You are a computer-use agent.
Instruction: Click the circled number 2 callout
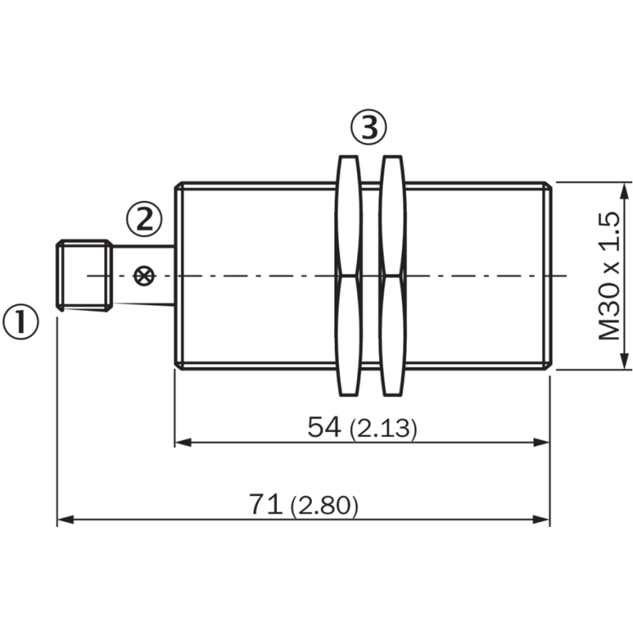(x=143, y=218)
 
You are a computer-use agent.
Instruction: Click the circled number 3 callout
(x=369, y=127)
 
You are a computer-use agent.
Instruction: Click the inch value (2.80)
(x=324, y=506)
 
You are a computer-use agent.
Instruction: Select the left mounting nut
(x=349, y=275)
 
